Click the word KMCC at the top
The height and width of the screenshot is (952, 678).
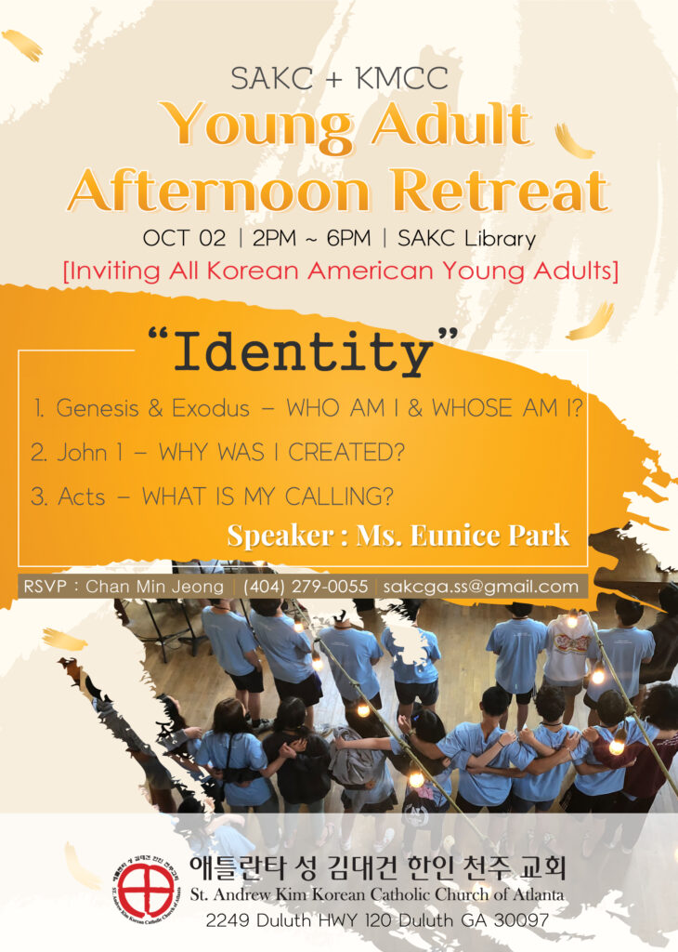[402, 78]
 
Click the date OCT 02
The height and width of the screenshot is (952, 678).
[184, 238]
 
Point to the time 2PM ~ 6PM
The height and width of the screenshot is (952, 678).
[311, 238]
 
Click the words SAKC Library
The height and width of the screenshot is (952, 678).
[466, 238]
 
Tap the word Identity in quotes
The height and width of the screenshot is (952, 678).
[303, 352]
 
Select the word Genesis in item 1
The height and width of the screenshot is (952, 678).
[98, 408]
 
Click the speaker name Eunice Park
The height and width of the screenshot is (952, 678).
[490, 535]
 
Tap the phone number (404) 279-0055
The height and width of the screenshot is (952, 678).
[305, 587]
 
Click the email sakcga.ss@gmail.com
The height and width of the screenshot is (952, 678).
[480, 587]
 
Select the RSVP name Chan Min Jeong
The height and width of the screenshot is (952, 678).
[155, 587]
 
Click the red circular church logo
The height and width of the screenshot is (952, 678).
[146, 891]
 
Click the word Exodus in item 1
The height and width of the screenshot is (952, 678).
[211, 408]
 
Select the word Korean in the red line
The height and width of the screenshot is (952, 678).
[254, 271]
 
